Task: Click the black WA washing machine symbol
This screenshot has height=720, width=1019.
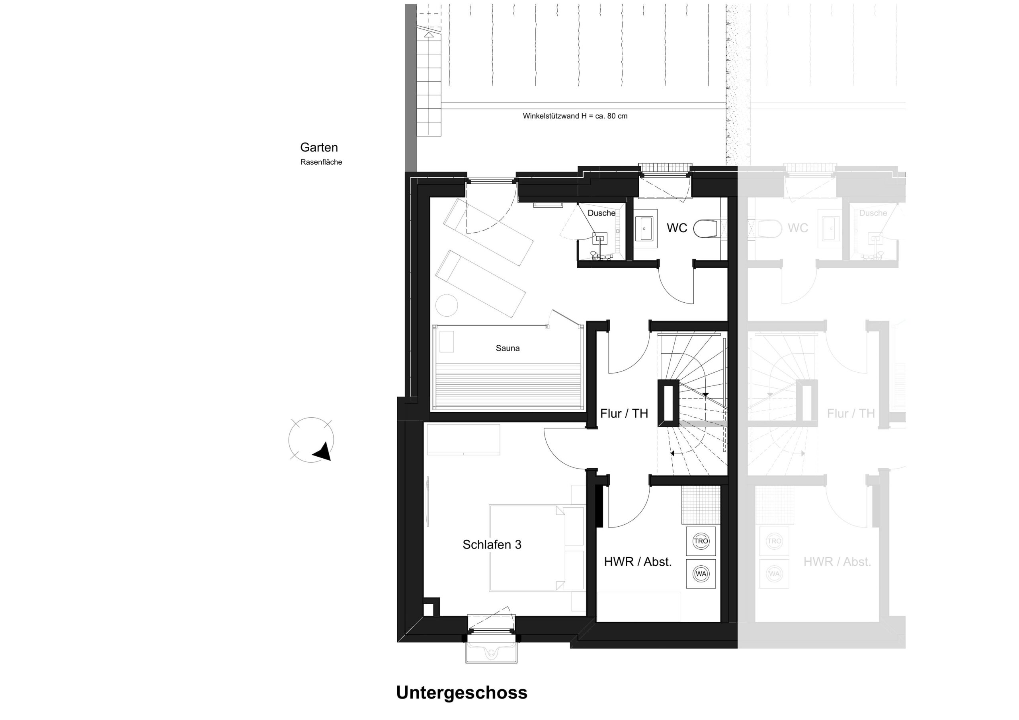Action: tap(701, 574)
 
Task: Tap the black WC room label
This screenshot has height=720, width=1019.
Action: tap(677, 228)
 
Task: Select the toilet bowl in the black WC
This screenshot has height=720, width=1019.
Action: tap(706, 229)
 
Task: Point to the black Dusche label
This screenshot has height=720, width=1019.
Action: tap(601, 213)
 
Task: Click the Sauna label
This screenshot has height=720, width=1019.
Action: tap(507, 348)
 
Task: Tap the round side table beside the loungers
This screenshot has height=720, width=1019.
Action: tap(447, 305)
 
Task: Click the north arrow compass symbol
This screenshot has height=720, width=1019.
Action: tap(311, 440)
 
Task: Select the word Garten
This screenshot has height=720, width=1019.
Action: tap(319, 147)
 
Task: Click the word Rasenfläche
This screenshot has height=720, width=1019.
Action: tap(321, 162)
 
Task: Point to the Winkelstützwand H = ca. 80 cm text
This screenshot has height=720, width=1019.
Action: tap(575, 116)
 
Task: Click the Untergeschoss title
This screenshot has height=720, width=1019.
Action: tap(462, 693)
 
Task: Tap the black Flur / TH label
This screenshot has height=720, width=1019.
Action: tap(624, 413)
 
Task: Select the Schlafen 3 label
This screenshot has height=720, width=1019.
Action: tap(492, 545)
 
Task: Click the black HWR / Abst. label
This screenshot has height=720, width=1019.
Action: tap(638, 562)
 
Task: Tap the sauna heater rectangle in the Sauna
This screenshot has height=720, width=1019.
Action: tap(447, 342)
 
